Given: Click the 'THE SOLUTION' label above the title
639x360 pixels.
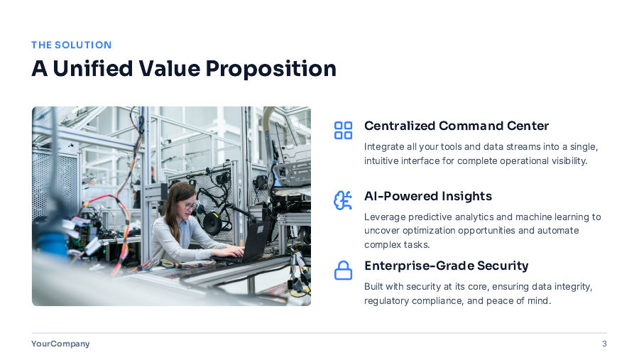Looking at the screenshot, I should tap(71, 45).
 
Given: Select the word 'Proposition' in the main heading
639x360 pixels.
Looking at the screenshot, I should tap(271, 69).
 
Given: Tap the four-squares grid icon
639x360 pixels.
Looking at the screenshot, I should tap(343, 130).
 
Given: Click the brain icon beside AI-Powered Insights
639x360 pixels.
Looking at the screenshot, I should tap(343, 200).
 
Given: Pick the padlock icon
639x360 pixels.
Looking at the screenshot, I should tap(343, 271).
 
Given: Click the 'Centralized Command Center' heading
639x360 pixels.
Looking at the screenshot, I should tap(456, 126).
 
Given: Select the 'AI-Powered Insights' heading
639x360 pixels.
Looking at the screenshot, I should tap(427, 196).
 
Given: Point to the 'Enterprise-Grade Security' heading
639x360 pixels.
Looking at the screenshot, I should tap(446, 266).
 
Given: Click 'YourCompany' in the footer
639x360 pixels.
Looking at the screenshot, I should tap(60, 344).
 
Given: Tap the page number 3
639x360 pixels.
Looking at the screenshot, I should tap(604, 344).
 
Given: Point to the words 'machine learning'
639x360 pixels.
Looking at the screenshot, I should tap(553, 217).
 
